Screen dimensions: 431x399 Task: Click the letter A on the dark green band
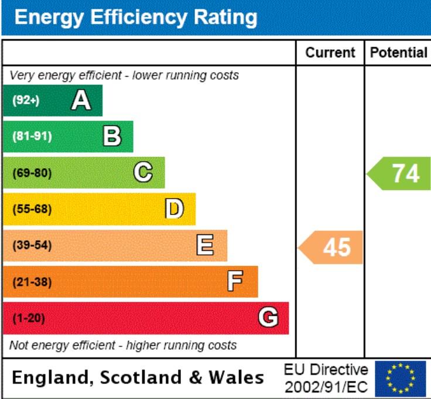(81, 100)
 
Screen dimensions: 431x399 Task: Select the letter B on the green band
(112, 136)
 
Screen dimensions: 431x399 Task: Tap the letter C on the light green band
(143, 172)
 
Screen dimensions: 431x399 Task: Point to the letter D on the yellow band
(175, 209)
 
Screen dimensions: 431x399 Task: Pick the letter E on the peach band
(205, 245)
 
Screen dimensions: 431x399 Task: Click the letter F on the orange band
(235, 281)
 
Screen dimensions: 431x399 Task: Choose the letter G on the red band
(268, 317)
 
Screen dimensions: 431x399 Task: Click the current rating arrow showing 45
(330, 247)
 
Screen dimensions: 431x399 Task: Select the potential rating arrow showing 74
(399, 173)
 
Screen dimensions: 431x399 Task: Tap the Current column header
(330, 53)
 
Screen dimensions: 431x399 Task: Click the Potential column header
(399, 53)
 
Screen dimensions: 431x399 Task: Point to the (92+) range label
(26, 100)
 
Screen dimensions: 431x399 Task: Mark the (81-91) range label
(32, 136)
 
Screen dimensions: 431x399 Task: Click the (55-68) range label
(32, 209)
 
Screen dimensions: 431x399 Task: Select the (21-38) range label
(32, 282)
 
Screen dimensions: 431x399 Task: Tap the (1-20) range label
(29, 318)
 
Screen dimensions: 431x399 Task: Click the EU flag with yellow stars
(401, 378)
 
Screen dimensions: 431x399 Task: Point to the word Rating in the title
(225, 18)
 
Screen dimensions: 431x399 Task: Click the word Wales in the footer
(237, 377)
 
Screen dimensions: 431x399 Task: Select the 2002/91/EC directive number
(326, 387)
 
